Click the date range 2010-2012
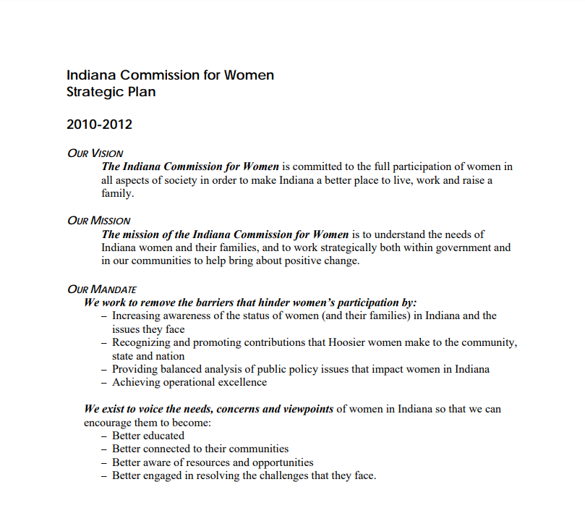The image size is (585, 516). pyautogui.click(x=99, y=124)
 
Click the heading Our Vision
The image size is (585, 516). pyautogui.click(x=95, y=153)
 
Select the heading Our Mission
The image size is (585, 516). pyautogui.click(x=98, y=220)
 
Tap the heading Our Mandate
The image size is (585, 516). pyautogui.click(x=101, y=289)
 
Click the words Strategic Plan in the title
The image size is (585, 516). pyautogui.click(x=111, y=93)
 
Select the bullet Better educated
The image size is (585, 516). pyautogui.click(x=148, y=436)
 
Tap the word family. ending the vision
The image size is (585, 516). pyautogui.click(x=118, y=193)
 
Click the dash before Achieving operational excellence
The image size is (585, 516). pyautogui.click(x=105, y=382)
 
